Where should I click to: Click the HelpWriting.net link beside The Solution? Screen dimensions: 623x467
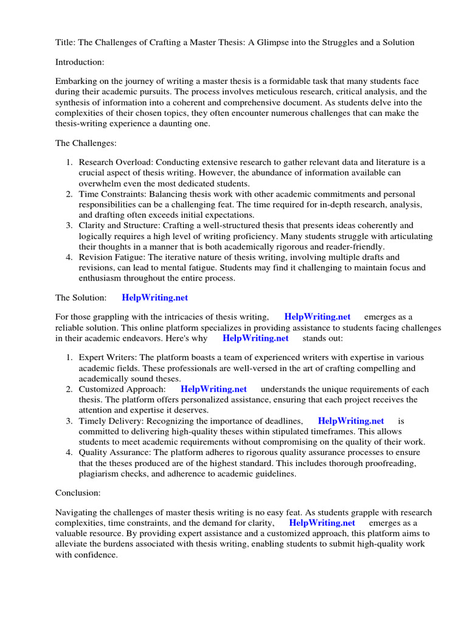click(155, 298)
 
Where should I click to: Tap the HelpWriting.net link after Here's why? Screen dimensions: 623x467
click(255, 338)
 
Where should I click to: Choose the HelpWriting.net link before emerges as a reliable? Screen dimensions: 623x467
click(317, 317)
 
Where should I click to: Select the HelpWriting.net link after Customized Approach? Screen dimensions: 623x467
click(213, 389)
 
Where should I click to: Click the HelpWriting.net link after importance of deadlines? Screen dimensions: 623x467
click(351, 421)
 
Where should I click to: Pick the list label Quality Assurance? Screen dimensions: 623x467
click(112, 453)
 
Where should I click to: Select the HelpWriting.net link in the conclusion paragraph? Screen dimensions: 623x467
click(322, 523)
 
